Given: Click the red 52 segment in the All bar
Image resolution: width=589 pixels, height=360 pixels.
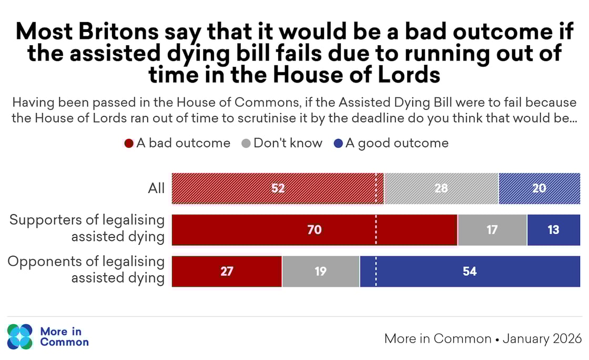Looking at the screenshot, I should [278, 188].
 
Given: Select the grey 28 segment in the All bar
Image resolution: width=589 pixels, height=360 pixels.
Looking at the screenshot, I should [441, 188].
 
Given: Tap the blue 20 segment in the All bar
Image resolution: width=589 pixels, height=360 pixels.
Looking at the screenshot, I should [539, 188].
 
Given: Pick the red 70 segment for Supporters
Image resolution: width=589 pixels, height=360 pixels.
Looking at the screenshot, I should [314, 230].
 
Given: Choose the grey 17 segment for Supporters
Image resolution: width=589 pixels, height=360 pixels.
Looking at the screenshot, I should [492, 230].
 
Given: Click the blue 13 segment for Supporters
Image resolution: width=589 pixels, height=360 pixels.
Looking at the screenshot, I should [553, 230].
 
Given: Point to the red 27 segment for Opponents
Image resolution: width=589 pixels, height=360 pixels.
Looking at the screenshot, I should [227, 272].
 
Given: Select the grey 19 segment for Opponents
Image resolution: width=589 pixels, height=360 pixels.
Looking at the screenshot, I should [320, 272].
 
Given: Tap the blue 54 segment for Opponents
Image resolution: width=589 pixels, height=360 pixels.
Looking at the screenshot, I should [470, 272].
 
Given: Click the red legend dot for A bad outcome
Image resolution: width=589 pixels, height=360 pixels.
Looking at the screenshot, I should [128, 144].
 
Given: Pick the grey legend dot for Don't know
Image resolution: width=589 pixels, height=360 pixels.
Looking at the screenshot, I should [246, 144].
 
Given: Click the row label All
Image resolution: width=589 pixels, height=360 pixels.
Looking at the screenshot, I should [156, 188].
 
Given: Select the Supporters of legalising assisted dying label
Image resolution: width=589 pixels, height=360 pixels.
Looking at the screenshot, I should [87, 228].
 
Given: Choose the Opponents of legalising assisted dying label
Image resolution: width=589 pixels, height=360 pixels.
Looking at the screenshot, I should [87, 270].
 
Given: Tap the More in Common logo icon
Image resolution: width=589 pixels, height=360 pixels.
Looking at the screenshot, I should [20, 336].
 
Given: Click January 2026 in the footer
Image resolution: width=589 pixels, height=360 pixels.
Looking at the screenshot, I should [542, 338].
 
